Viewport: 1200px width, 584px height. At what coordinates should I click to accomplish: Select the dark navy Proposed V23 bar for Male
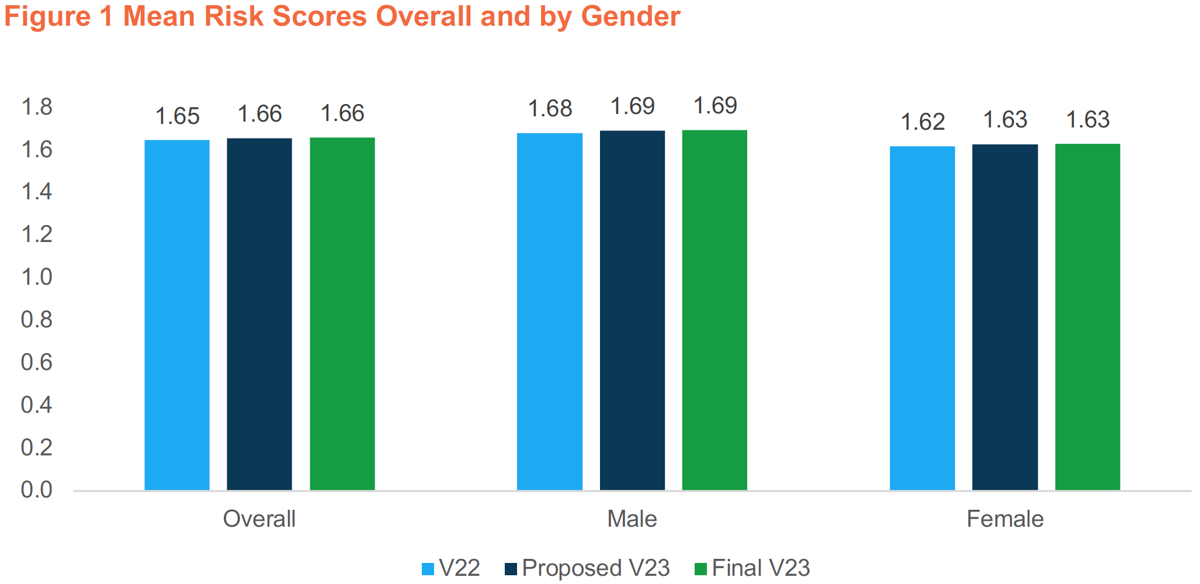632,310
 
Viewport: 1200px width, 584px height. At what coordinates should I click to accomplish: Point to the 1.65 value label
177,116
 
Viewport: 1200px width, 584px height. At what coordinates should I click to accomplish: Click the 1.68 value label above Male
550,109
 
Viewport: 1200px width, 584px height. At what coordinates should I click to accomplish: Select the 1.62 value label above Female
922,122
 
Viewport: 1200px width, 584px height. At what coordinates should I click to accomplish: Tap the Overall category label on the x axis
259,519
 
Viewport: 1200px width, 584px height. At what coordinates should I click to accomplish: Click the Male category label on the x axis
632,519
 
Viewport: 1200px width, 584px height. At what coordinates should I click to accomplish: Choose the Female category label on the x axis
1005,519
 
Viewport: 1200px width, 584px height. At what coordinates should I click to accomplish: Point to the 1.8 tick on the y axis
36,107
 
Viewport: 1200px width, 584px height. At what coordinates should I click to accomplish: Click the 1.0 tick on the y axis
36,277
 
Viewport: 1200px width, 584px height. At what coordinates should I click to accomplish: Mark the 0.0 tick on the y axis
36,490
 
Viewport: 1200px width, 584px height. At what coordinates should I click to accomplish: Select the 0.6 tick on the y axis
36,362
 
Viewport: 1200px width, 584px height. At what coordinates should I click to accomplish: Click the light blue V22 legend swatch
428,569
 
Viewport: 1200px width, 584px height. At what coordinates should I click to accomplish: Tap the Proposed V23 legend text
595,568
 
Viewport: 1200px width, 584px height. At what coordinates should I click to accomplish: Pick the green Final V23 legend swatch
700,569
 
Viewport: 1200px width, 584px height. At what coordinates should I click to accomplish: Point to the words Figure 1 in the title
58,16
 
